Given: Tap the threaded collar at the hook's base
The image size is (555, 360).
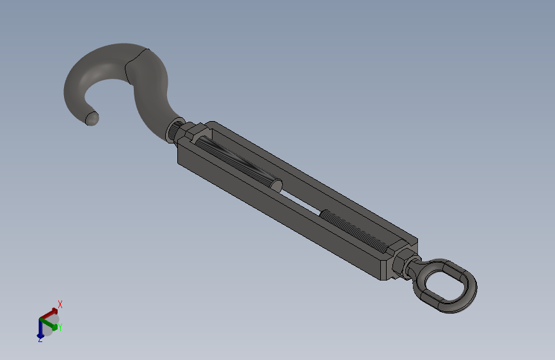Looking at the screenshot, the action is pos(174,129).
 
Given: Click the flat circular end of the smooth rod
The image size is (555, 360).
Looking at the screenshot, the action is pos(276,186).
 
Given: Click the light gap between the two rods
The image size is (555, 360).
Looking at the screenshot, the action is pos(302,202).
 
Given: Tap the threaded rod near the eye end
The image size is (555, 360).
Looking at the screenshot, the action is pos(354,231).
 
